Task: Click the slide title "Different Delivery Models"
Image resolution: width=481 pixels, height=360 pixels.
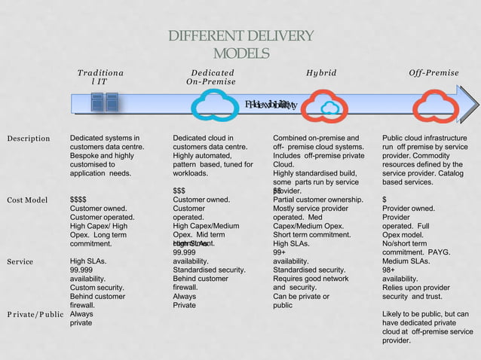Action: [240, 45]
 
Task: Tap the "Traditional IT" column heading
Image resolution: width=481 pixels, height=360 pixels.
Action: [101, 78]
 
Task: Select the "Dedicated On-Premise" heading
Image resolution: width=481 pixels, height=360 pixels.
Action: [212, 78]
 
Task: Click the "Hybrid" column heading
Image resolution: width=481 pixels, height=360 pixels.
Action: [321, 73]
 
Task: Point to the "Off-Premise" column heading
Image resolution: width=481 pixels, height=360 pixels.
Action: [434, 73]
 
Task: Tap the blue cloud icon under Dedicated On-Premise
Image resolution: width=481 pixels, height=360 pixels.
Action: [215, 105]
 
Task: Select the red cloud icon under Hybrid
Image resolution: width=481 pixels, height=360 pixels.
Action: [324, 105]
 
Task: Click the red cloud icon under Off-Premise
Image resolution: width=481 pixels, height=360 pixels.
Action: [435, 105]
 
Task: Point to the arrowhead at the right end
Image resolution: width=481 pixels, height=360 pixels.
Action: [471, 103]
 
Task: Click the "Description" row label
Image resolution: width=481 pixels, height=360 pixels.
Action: [29, 139]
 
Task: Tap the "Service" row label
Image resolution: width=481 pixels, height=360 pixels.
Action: [20, 262]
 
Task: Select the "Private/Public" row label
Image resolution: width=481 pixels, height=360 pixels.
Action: [35, 314]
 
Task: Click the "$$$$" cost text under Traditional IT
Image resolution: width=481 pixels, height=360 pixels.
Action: [78, 200]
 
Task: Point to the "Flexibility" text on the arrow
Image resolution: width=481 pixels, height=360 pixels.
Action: [271, 104]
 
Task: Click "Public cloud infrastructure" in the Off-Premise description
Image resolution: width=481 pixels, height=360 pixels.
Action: [424, 139]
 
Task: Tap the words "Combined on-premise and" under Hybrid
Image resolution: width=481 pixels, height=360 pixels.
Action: [316, 139]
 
